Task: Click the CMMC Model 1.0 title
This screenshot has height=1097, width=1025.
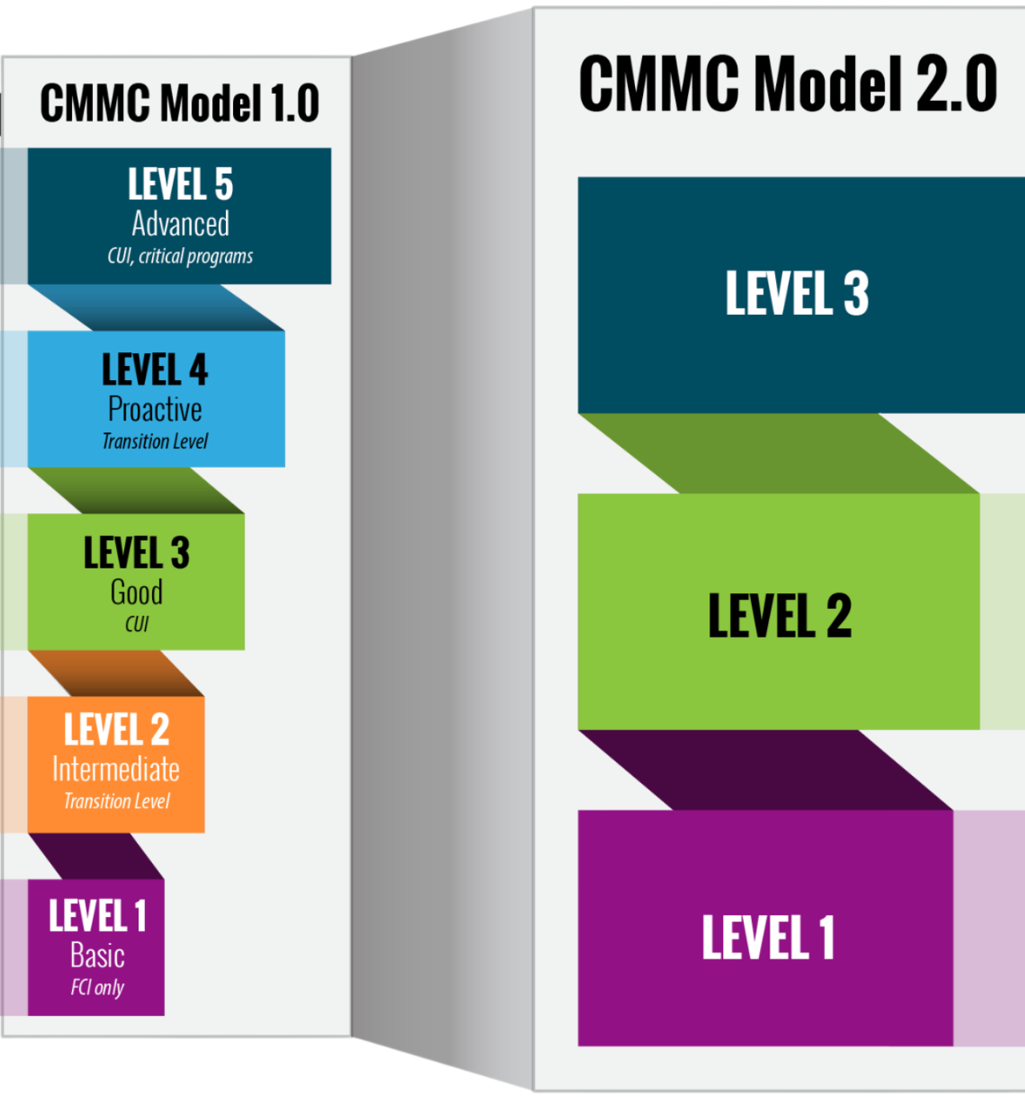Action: [x=179, y=103]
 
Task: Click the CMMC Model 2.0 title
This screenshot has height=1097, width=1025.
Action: [x=788, y=84]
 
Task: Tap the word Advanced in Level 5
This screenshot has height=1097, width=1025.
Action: [x=180, y=224]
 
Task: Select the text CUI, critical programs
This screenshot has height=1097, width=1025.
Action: [x=180, y=256]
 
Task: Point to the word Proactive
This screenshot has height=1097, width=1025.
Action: [x=155, y=410]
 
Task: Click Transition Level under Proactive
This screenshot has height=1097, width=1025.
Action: [x=155, y=441]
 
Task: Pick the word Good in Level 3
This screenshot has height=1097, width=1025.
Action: [x=136, y=593]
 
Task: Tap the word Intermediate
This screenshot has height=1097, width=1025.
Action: [x=116, y=770]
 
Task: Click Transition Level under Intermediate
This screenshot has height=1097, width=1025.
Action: [x=117, y=802]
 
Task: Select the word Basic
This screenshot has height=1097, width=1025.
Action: [x=98, y=955]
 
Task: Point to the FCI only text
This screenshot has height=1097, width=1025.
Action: [x=98, y=987]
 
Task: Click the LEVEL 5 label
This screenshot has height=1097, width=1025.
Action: [x=180, y=185]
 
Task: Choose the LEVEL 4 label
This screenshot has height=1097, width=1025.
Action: [x=155, y=370]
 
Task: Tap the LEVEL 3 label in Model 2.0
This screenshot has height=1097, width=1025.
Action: [x=797, y=293]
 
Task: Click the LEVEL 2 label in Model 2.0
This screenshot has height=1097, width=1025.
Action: [x=780, y=616]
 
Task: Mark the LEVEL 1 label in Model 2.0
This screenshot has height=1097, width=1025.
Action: [x=769, y=938]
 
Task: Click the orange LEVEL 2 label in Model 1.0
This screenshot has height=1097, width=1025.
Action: [x=117, y=729]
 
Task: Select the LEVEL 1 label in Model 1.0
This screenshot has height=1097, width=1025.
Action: [x=98, y=916]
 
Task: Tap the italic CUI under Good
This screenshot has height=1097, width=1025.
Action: [x=137, y=624]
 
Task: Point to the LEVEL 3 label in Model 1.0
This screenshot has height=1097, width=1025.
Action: [x=137, y=553]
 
